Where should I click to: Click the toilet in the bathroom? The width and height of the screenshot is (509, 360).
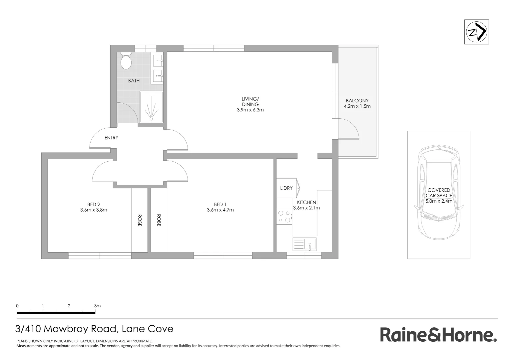(x=126, y=61)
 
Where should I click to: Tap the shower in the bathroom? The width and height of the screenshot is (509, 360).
(x=152, y=107)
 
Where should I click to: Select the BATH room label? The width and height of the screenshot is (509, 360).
(x=134, y=81)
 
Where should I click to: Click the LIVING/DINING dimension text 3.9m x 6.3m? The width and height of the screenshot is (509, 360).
(x=250, y=110)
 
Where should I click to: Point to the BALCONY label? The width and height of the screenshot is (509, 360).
(x=357, y=101)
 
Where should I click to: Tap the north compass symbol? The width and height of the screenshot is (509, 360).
(x=477, y=32)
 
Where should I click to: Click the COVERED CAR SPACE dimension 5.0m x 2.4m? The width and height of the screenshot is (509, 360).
(x=439, y=201)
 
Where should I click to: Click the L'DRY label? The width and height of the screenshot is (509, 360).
(x=286, y=188)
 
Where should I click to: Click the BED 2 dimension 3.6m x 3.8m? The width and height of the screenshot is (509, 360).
(x=94, y=210)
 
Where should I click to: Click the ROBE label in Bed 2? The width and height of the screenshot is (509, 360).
(x=139, y=220)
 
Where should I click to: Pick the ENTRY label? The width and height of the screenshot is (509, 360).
(x=111, y=138)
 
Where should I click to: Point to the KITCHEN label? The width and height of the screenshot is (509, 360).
(x=306, y=202)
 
